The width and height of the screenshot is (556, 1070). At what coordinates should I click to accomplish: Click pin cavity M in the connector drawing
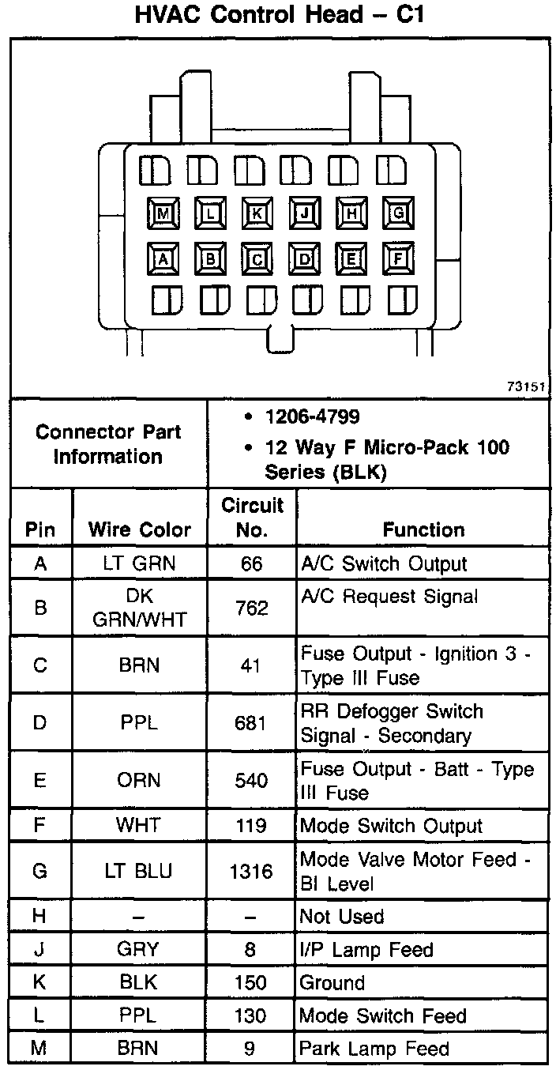163,213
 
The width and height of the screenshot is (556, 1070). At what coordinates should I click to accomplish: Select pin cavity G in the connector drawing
399,213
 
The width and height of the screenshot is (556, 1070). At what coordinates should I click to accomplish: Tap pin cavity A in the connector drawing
163,258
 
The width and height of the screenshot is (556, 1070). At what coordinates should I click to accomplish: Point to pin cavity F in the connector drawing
399,258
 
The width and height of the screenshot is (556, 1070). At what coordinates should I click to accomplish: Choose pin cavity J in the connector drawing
304,213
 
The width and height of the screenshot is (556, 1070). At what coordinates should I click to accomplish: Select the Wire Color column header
140,529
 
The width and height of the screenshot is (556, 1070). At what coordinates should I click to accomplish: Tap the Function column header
423,529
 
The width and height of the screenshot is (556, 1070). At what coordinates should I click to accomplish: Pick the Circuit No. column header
252,517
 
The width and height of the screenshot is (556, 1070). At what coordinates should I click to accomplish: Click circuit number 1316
251,872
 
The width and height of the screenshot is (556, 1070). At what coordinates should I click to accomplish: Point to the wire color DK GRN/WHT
140,608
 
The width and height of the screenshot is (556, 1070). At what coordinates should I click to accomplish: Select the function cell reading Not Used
342,917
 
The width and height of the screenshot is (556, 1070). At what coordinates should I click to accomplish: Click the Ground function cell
332,983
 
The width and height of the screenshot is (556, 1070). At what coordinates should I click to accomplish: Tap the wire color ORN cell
140,780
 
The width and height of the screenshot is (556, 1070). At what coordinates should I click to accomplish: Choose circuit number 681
251,723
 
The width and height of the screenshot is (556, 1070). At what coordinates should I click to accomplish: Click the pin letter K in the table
40,983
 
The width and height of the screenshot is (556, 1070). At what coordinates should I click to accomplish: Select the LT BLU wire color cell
140,872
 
